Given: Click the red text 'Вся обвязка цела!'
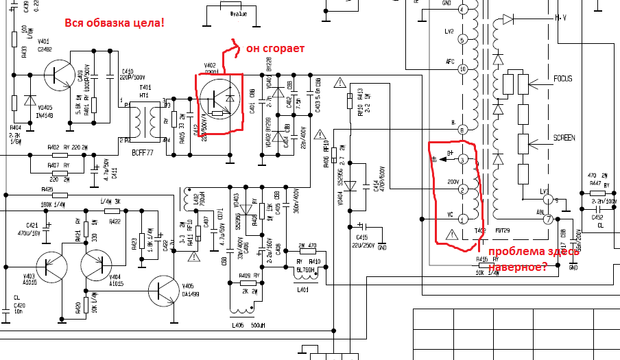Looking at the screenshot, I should (x=115, y=23).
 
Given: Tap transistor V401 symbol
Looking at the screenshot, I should (x=59, y=73).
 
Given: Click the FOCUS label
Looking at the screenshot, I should (x=563, y=79).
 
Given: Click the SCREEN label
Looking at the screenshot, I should (x=564, y=138).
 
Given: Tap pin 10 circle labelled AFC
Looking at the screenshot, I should (x=462, y=69).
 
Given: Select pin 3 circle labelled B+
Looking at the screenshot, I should (x=462, y=160).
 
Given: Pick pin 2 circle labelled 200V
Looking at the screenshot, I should (x=462, y=189).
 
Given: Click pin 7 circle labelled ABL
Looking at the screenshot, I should (x=548, y=219).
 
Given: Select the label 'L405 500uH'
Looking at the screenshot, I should (x=246, y=325).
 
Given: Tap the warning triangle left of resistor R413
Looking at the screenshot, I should (x=339, y=83).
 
